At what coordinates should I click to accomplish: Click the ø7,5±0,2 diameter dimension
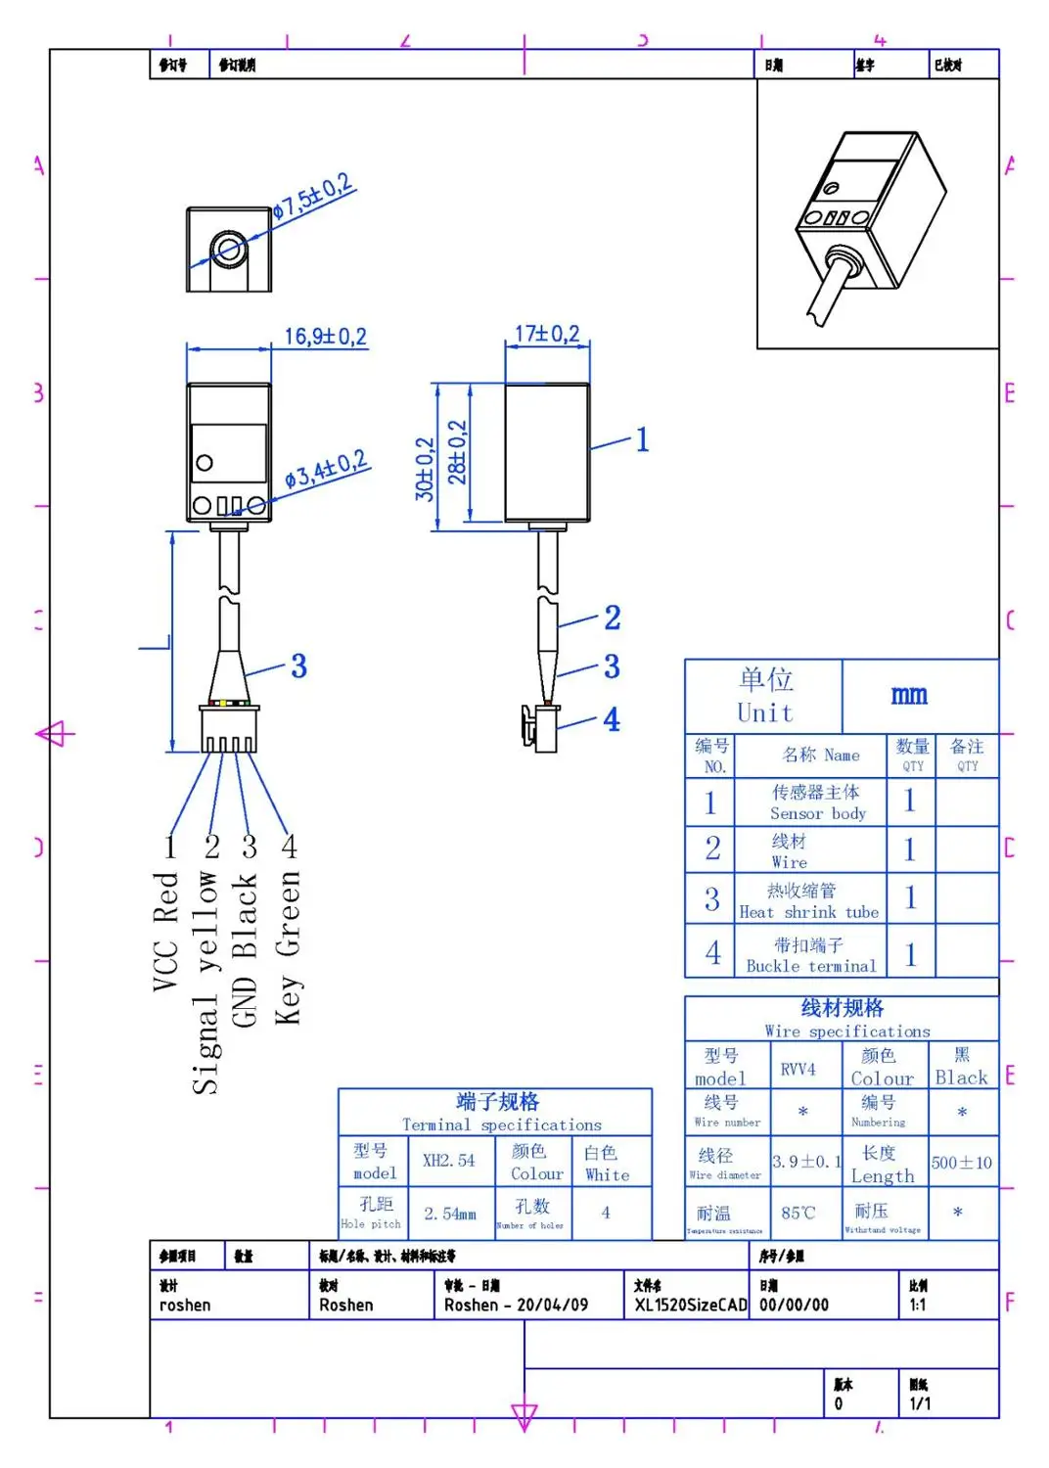coord(312,199)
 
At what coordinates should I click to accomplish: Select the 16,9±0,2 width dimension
coord(325,337)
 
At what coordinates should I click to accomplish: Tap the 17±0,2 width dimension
coord(547,334)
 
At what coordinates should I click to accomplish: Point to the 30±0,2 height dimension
coord(425,469)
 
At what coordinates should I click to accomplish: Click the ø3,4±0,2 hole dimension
coord(326,470)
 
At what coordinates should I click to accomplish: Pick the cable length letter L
coord(156,643)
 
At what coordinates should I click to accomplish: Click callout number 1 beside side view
coord(642,439)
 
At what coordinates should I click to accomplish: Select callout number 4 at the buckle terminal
coord(612,719)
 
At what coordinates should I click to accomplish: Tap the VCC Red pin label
coord(165,932)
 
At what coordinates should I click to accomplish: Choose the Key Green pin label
coord(288,947)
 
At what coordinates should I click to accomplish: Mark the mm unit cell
coord(909,695)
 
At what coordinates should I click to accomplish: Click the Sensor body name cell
coord(817,803)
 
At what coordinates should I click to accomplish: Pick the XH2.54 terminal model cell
coord(448,1161)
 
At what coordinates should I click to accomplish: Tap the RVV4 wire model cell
coord(798,1069)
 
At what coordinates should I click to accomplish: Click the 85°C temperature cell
coord(798,1213)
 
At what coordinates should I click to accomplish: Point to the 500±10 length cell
coord(961,1163)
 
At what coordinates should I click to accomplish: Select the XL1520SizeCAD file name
coord(690,1305)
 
